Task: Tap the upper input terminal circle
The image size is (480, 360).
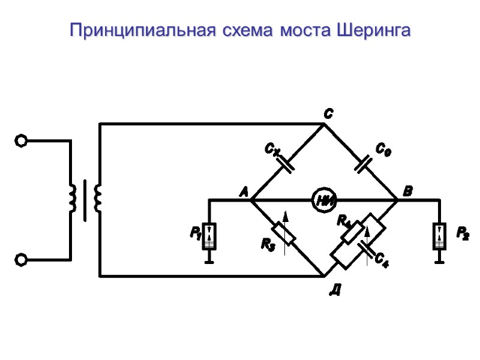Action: pyautogui.click(x=21, y=141)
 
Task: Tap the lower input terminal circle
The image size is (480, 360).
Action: pyautogui.click(x=21, y=259)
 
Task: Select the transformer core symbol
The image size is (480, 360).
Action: pyautogui.click(x=85, y=199)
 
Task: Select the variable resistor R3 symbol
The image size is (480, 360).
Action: pyautogui.click(x=284, y=233)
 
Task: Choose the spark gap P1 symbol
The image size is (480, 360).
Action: pyautogui.click(x=209, y=236)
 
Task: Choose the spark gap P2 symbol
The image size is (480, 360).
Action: pyautogui.click(x=440, y=236)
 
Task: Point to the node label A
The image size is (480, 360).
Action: pyautogui.click(x=243, y=193)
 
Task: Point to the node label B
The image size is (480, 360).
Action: pyautogui.click(x=407, y=192)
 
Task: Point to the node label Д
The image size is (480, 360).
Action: pyautogui.click(x=335, y=292)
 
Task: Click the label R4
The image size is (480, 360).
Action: pyautogui.click(x=344, y=221)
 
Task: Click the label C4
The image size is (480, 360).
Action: pyautogui.click(x=382, y=260)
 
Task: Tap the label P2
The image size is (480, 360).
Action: pyautogui.click(x=463, y=233)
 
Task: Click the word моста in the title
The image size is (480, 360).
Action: pyautogui.click(x=304, y=31)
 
